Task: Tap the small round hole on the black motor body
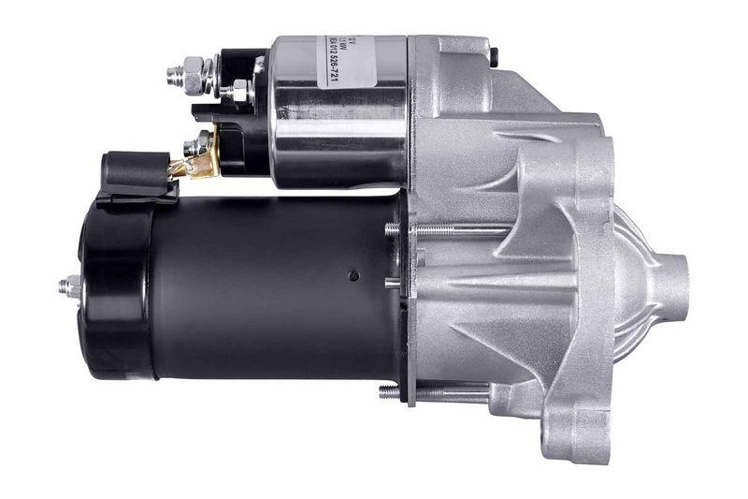pos(353,275)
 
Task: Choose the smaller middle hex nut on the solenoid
pos(238,92)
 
